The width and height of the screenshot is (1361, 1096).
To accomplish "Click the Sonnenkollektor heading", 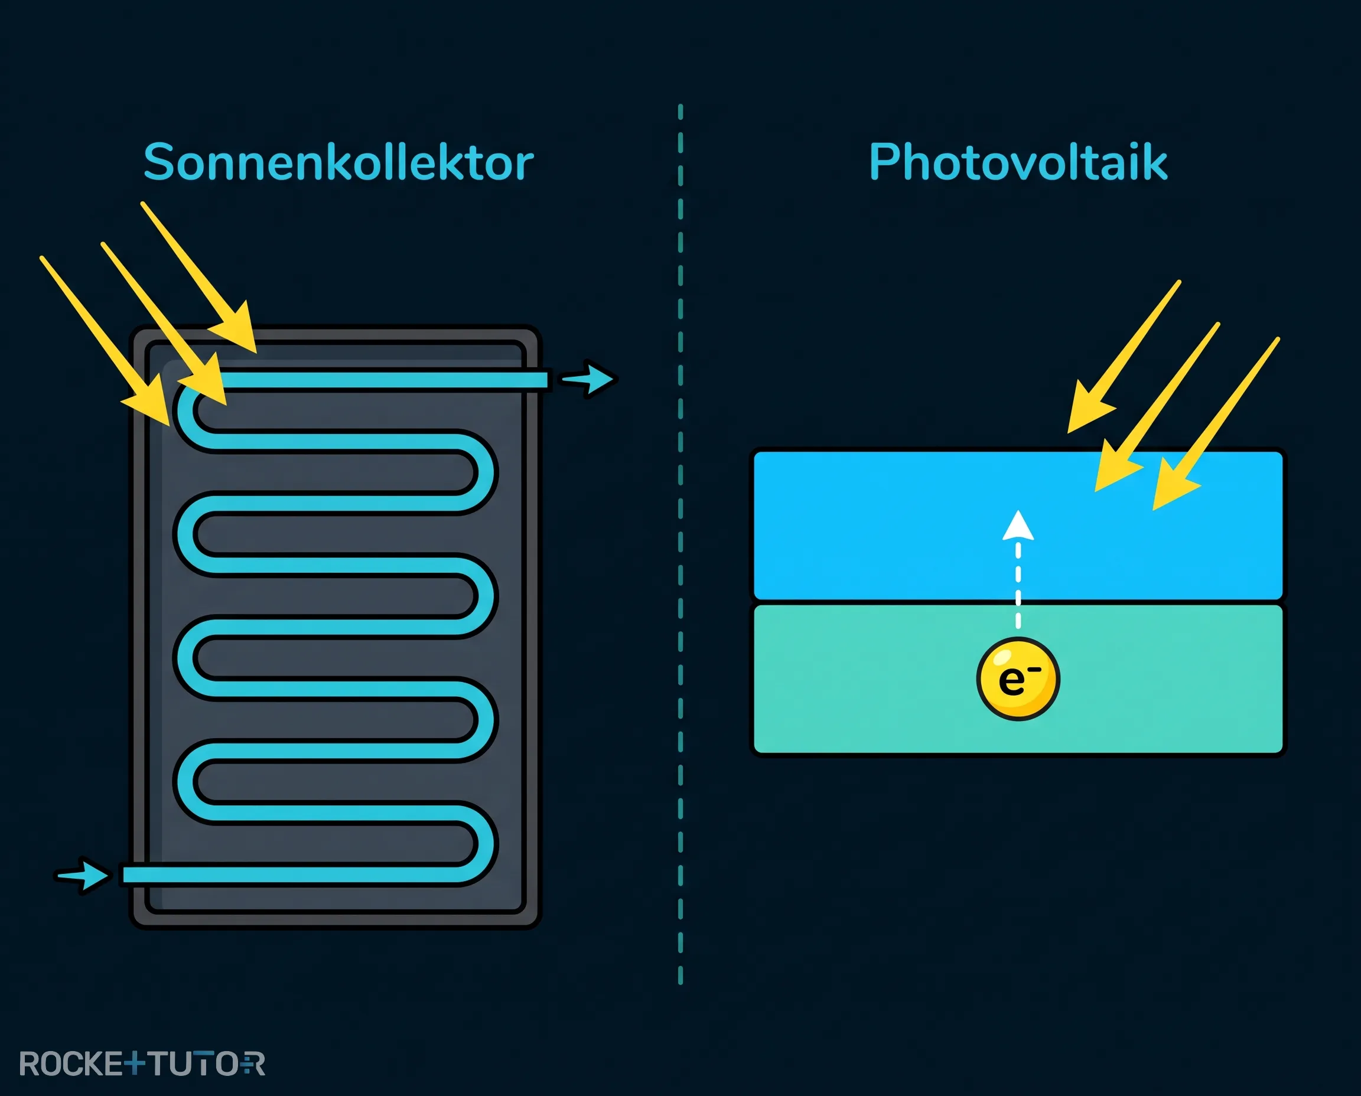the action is tap(338, 162).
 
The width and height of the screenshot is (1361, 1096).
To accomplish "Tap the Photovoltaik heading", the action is tap(1018, 162).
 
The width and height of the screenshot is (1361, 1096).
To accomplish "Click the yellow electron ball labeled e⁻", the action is tap(1018, 679).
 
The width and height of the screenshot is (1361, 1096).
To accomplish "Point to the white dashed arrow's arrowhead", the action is tap(1018, 526).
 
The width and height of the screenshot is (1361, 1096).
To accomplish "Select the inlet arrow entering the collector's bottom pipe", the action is tap(83, 875).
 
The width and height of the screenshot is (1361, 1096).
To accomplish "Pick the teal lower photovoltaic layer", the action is tap(1018, 679).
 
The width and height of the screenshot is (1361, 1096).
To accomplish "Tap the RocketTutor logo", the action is tap(142, 1064).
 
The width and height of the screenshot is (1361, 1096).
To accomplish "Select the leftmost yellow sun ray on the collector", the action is tap(105, 341).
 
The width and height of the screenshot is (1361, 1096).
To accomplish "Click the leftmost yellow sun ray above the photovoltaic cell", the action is tap(1124, 357).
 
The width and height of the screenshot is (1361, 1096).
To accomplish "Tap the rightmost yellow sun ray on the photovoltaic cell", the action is tap(1216, 423).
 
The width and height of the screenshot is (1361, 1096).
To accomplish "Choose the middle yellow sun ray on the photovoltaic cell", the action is tap(1157, 407).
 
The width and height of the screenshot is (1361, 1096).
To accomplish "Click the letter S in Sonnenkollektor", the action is tap(158, 162).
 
